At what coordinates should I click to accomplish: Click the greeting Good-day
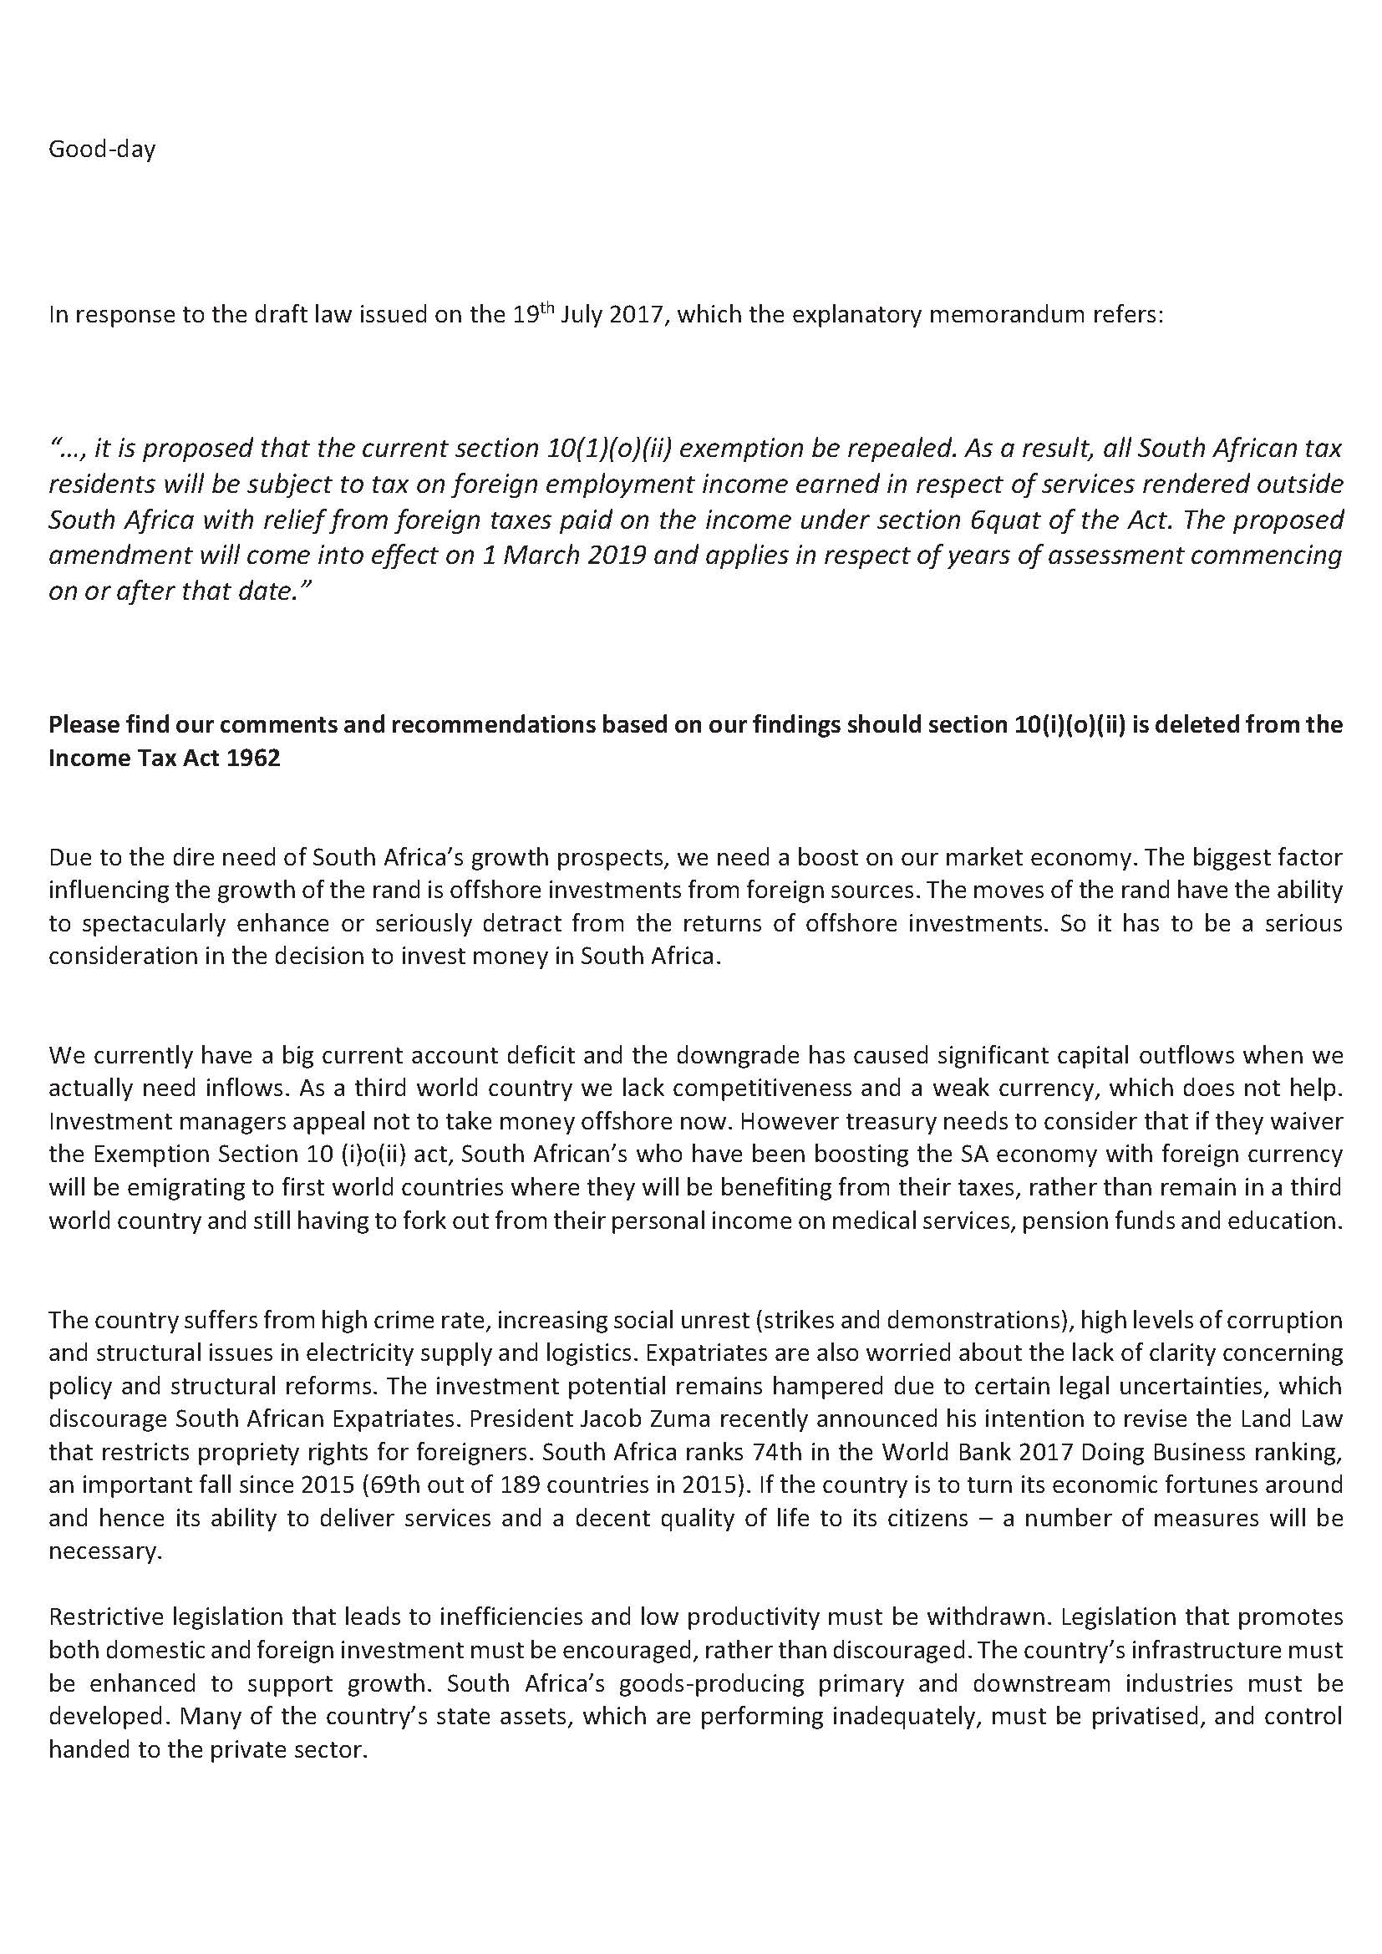click(x=102, y=150)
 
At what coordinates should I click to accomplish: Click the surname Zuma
click(x=655, y=1419)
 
